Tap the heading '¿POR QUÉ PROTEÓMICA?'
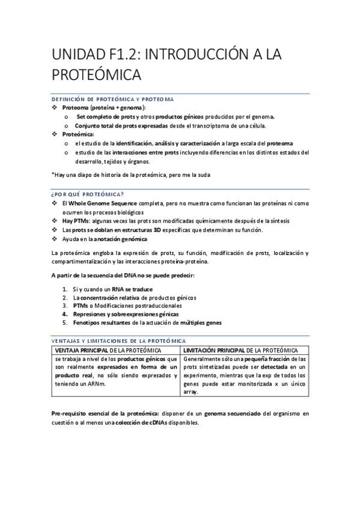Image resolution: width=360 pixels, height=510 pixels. click(88, 194)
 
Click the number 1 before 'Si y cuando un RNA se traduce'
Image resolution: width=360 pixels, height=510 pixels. click(65, 289)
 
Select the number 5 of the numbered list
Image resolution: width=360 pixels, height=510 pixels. click(65, 322)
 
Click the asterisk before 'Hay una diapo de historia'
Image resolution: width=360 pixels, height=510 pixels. click(53, 174)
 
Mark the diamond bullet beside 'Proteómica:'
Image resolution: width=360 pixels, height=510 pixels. click(55, 135)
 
